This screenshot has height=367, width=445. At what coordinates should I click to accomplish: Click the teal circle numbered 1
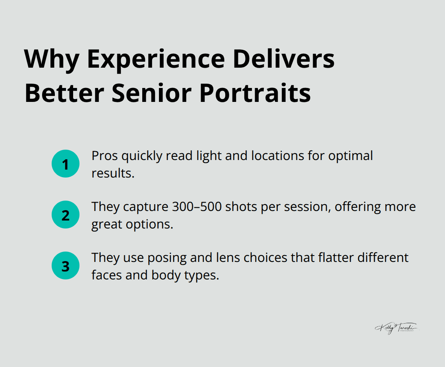pos(66,164)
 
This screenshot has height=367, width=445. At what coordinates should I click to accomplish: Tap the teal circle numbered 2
pos(66,215)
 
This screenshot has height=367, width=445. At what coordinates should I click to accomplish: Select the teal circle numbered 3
pos(66,265)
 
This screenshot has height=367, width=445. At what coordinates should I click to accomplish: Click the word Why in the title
pos(52,59)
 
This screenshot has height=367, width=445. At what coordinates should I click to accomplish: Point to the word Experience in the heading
pos(155,59)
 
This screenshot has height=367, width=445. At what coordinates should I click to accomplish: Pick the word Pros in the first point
pos(104,156)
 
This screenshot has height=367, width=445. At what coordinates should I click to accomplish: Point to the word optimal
pos(350,156)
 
